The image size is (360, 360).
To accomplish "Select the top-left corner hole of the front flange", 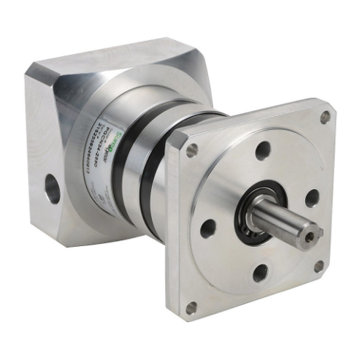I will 192,150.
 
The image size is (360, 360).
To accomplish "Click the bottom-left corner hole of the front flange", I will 191,307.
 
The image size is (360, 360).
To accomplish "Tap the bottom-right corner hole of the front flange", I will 318,267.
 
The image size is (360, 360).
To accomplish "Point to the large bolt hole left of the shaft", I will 208,228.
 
